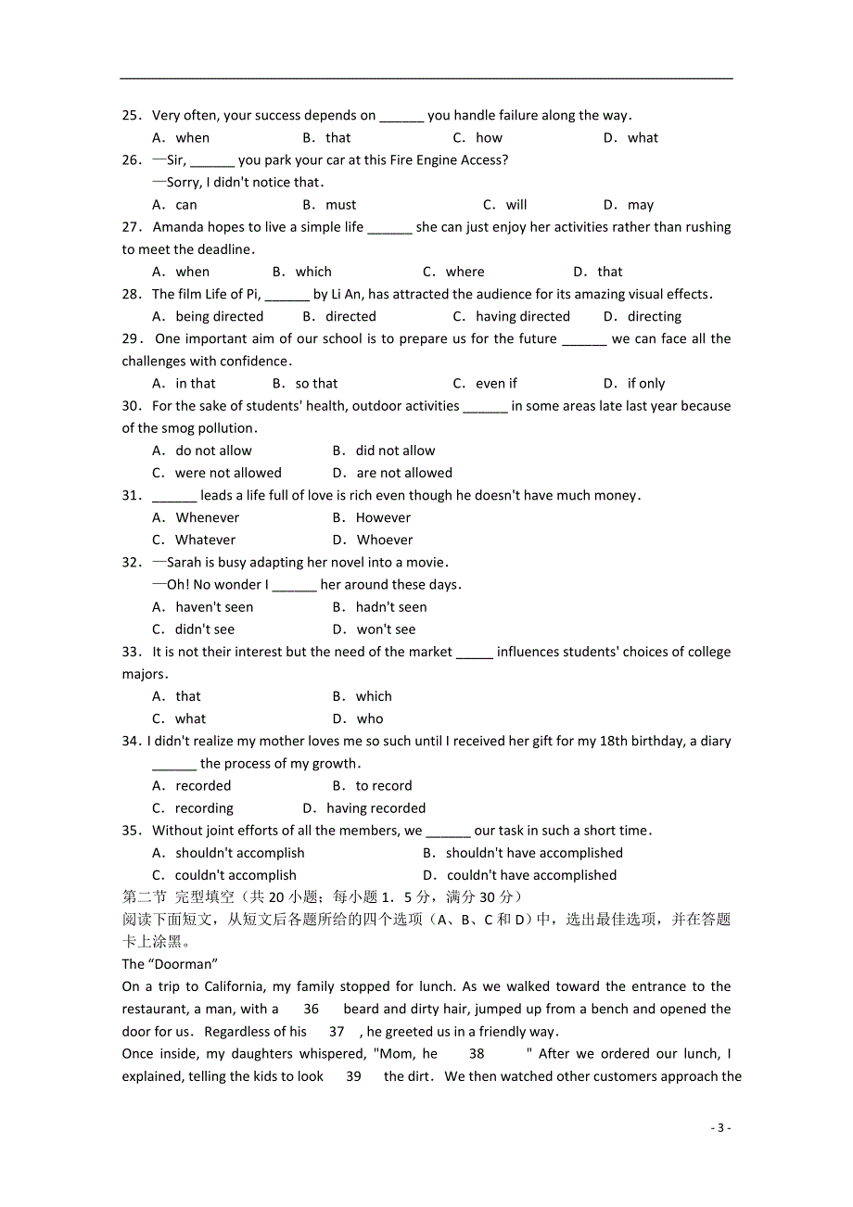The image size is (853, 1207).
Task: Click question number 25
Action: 131,116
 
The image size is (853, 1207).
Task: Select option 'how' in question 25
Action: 489,138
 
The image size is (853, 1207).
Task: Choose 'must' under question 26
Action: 340,205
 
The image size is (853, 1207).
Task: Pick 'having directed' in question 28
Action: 522,317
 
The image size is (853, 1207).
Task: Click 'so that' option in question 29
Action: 316,384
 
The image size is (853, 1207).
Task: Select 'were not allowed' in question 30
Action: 228,473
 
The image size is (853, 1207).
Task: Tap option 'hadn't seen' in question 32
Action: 391,607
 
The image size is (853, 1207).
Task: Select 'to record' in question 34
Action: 384,786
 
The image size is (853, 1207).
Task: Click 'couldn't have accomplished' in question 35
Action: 531,875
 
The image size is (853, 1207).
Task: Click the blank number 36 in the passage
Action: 311,1010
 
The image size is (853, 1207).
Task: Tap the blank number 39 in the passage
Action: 353,1076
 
